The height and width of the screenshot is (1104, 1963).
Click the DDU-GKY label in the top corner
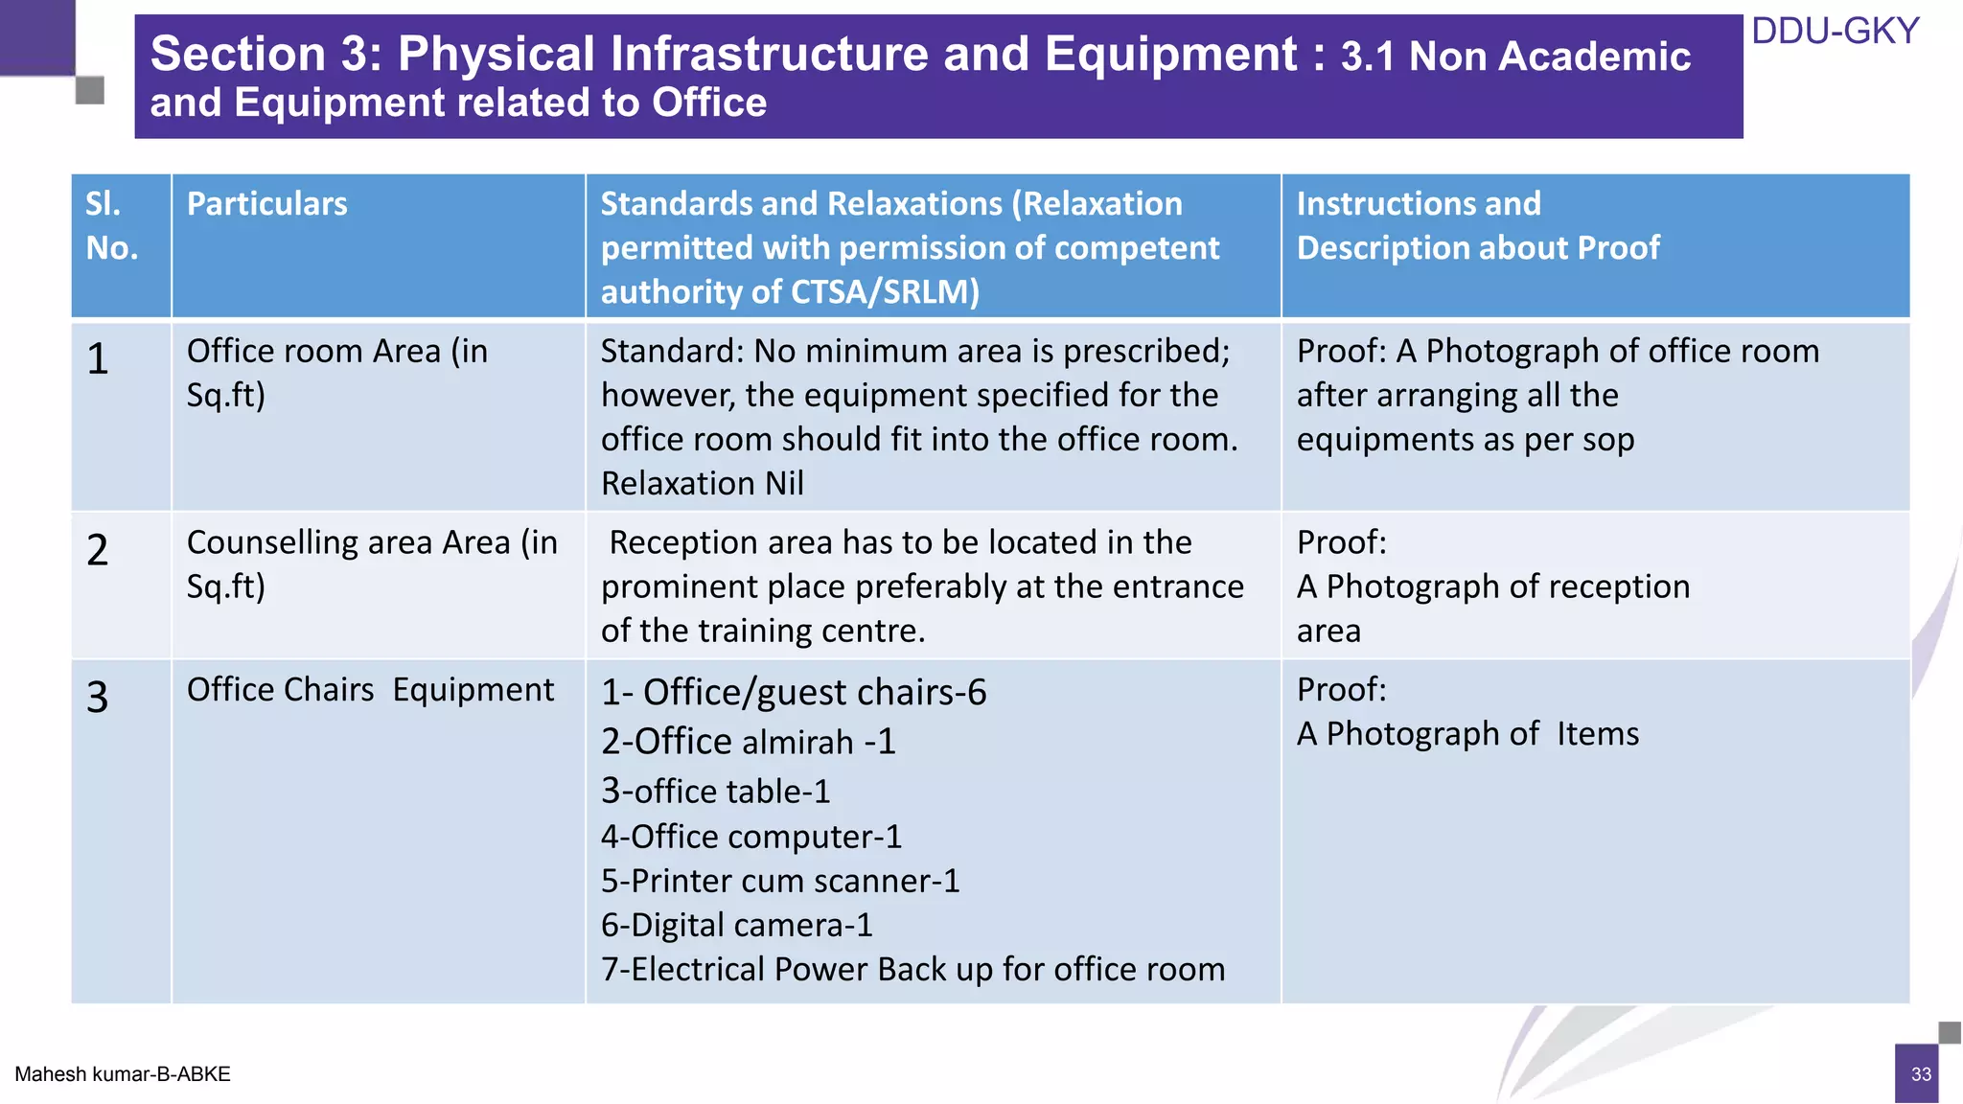click(x=1835, y=32)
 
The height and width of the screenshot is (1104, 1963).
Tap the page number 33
click(x=1921, y=1074)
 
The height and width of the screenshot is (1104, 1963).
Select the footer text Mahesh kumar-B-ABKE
click(x=123, y=1074)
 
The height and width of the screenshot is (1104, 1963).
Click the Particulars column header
click(x=266, y=204)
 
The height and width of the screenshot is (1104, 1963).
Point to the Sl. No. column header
click(x=111, y=226)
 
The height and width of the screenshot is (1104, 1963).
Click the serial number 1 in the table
click(x=98, y=359)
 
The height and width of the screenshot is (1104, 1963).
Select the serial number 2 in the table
click(x=98, y=550)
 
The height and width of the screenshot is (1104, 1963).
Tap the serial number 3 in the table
click(x=98, y=697)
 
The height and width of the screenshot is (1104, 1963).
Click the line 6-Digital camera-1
click(x=736, y=925)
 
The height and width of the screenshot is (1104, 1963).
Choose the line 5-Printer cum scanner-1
click(x=780, y=881)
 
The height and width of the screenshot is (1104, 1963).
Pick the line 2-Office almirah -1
click(x=748, y=742)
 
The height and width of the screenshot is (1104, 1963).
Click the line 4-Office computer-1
click(x=751, y=837)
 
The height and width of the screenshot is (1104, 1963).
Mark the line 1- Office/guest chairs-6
click(x=794, y=692)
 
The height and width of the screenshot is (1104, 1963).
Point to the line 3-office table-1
click(x=715, y=792)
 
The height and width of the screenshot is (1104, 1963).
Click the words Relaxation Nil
click(x=702, y=483)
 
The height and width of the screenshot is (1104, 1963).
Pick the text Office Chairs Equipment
click(x=370, y=690)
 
